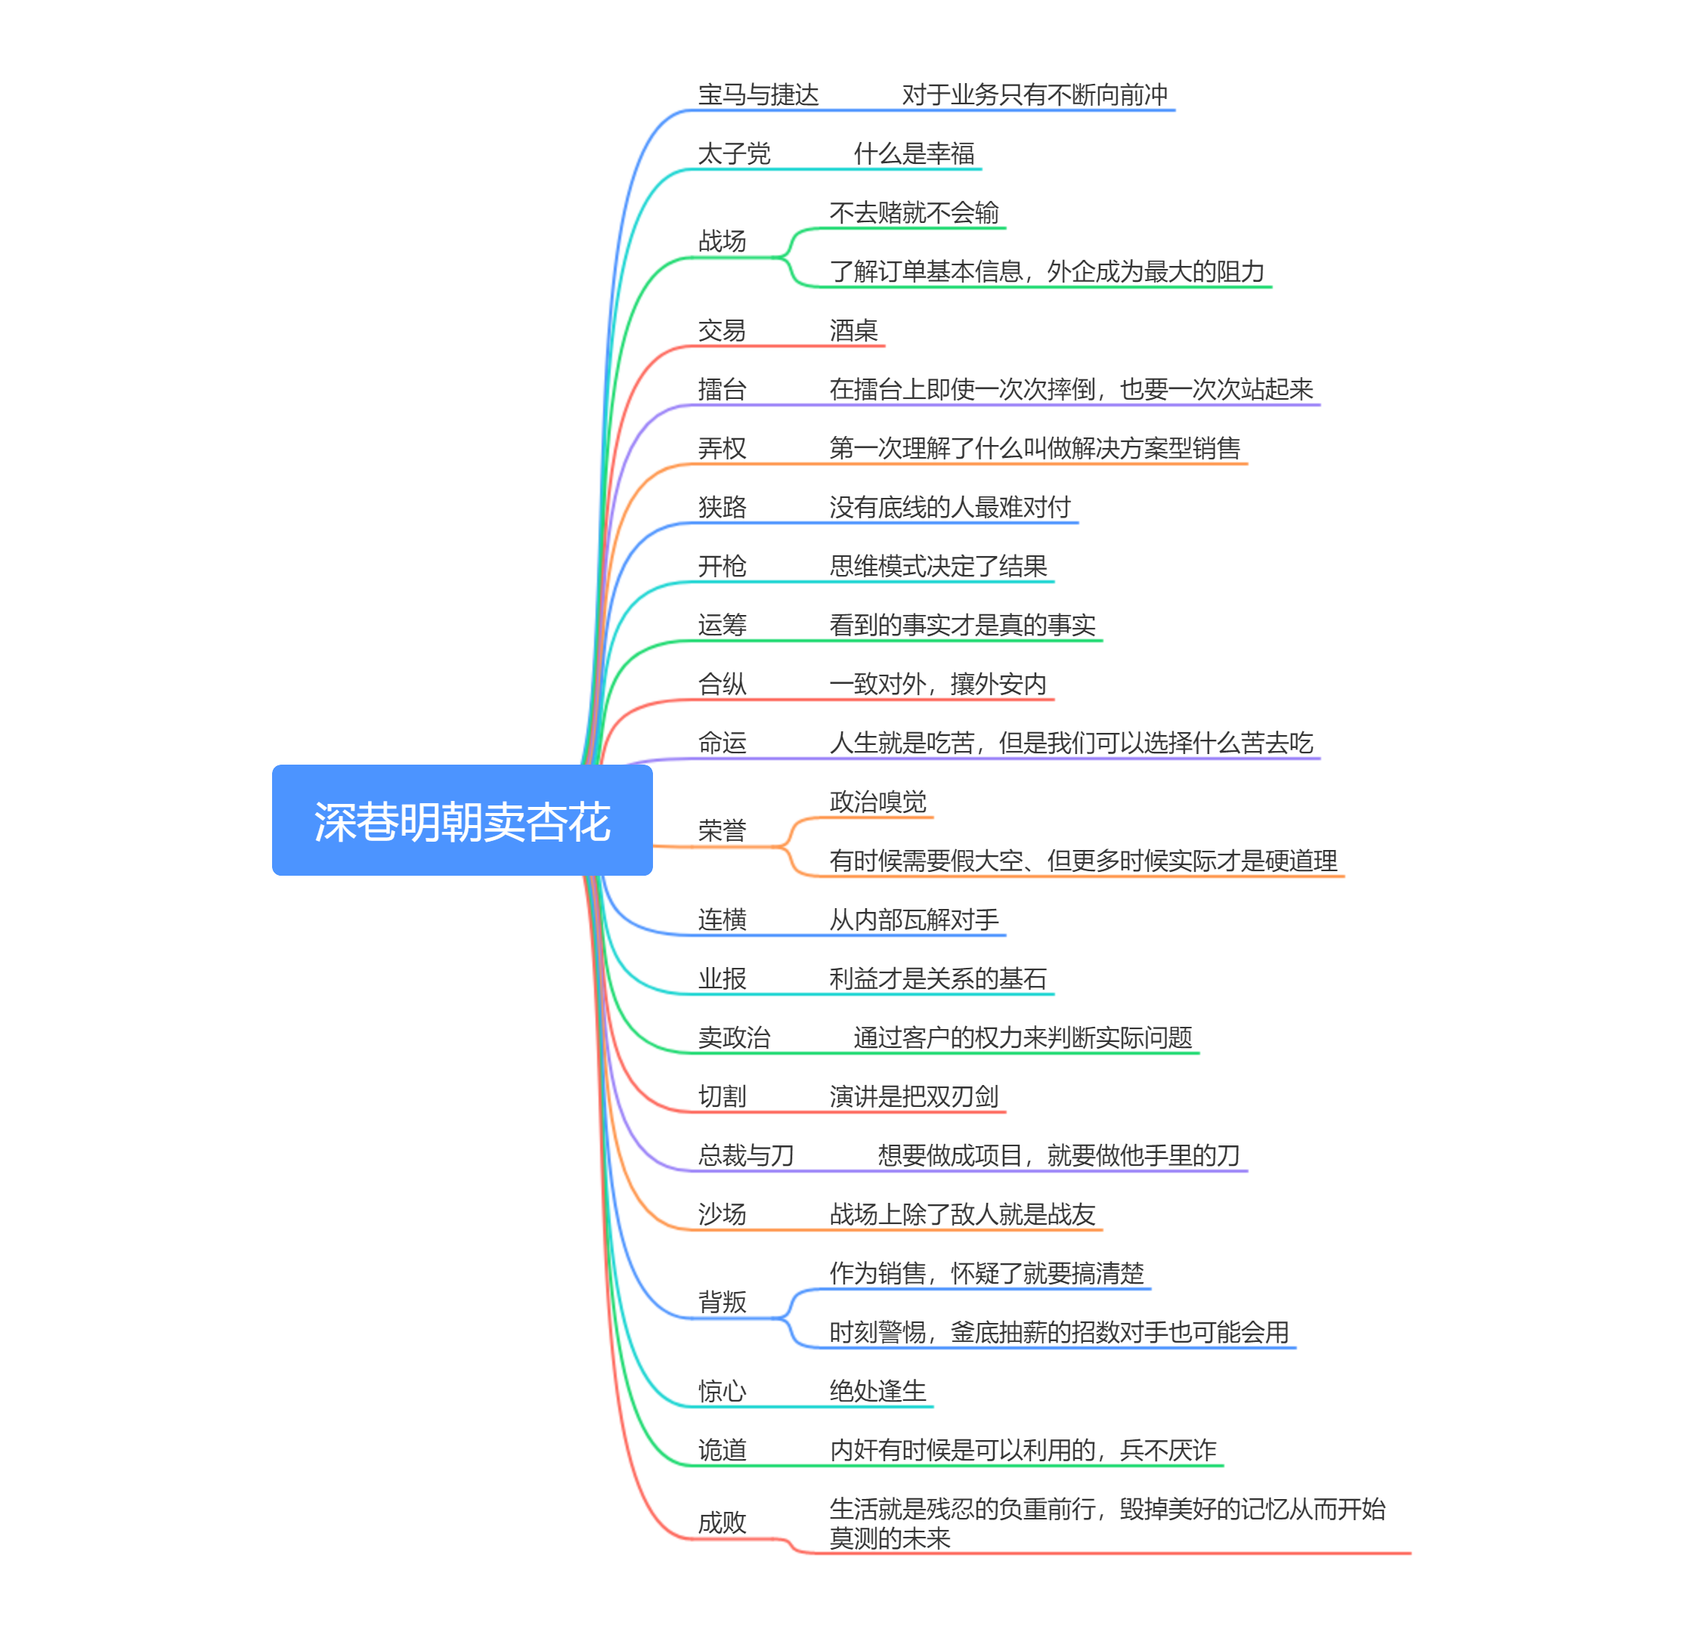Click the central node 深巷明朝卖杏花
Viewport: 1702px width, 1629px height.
pos(461,821)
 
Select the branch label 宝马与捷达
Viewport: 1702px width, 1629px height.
pos(757,94)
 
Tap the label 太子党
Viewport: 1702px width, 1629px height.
pos(734,153)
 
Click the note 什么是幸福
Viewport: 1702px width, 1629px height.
pos(914,153)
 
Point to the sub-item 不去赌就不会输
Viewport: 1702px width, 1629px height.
pos(914,213)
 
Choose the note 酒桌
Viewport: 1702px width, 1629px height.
pos(853,331)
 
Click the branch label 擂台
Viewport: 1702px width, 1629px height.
pos(722,390)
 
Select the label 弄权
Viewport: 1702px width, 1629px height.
pos(722,449)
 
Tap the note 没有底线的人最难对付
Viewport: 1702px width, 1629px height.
pos(949,508)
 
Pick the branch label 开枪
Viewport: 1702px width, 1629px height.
pos(722,566)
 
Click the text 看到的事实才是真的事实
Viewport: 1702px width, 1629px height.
pos(961,625)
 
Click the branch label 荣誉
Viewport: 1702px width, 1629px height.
pos(722,831)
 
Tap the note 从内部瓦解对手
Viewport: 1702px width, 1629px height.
pos(914,920)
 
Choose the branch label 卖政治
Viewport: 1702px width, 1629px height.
pos(734,1037)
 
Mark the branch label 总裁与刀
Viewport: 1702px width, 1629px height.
pos(746,1156)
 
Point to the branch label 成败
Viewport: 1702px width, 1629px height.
pos(722,1523)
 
